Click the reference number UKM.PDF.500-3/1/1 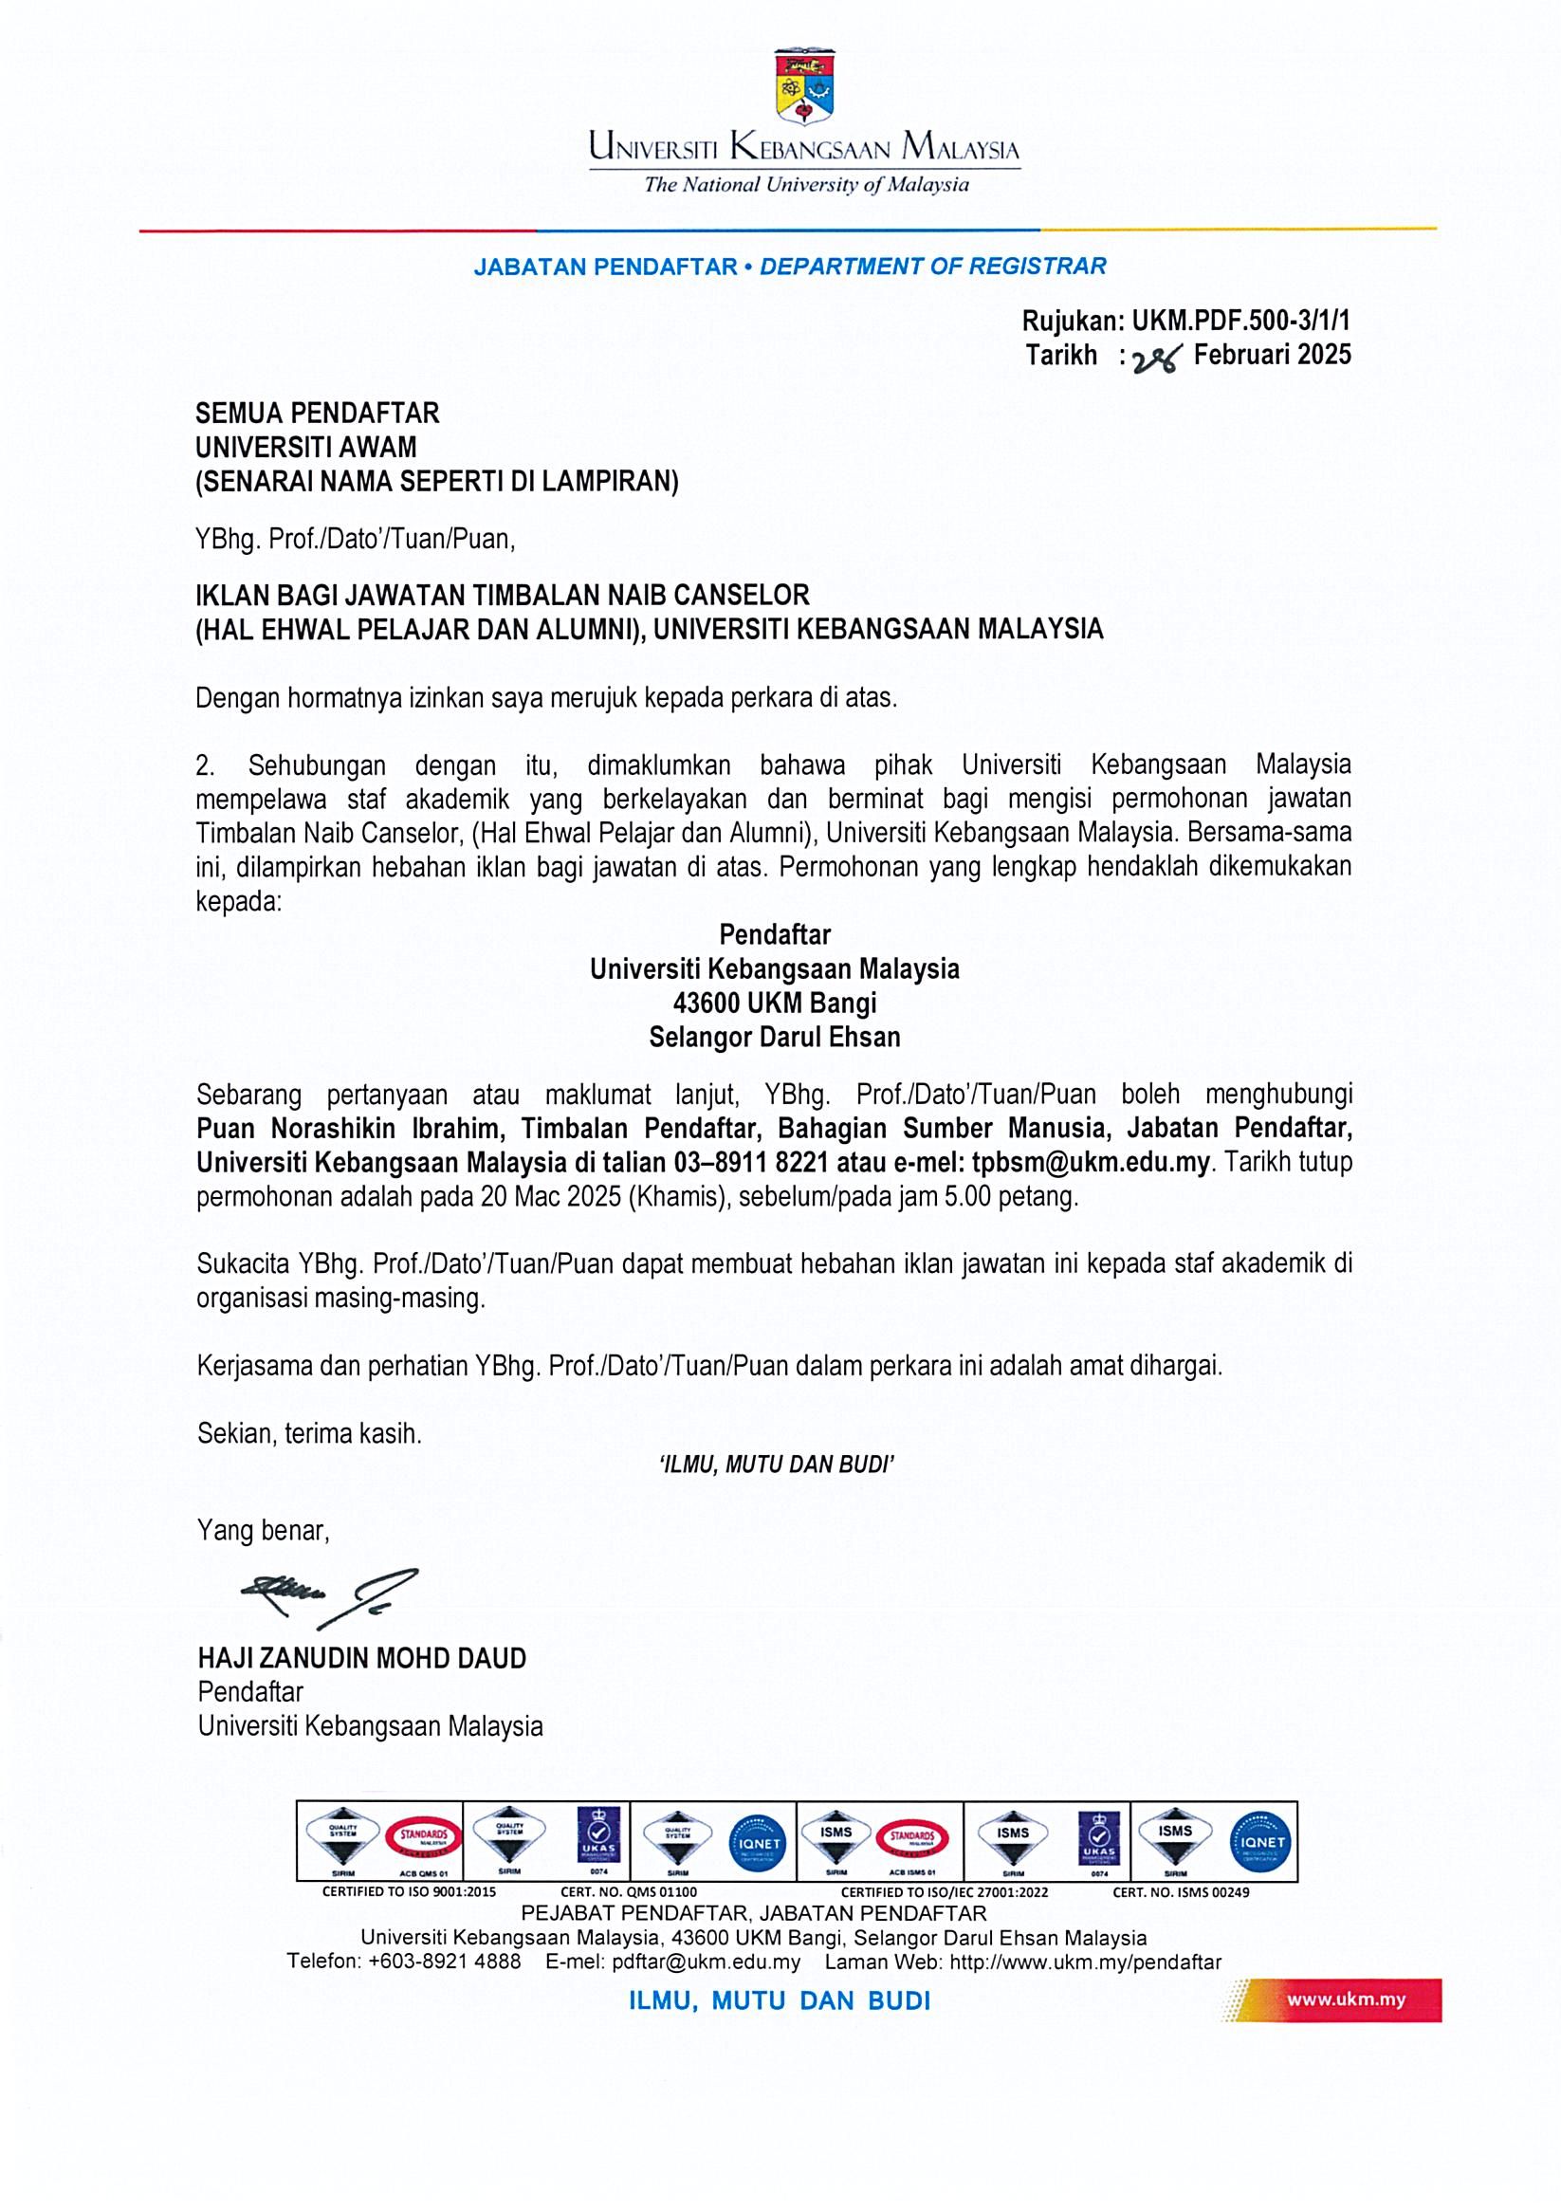(1240, 321)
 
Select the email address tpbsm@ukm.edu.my (1090, 1162)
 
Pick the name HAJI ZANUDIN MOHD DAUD (362, 1658)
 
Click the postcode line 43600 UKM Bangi (774, 1004)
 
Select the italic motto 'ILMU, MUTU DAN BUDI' (776, 1465)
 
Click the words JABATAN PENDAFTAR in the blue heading (605, 267)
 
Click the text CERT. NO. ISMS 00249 (1181, 1892)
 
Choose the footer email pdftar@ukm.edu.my (706, 1962)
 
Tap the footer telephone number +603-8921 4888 (444, 1962)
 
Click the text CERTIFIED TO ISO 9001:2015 (409, 1892)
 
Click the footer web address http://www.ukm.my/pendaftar (1085, 1962)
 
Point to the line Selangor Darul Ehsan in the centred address (774, 1037)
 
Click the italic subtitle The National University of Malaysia (807, 185)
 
